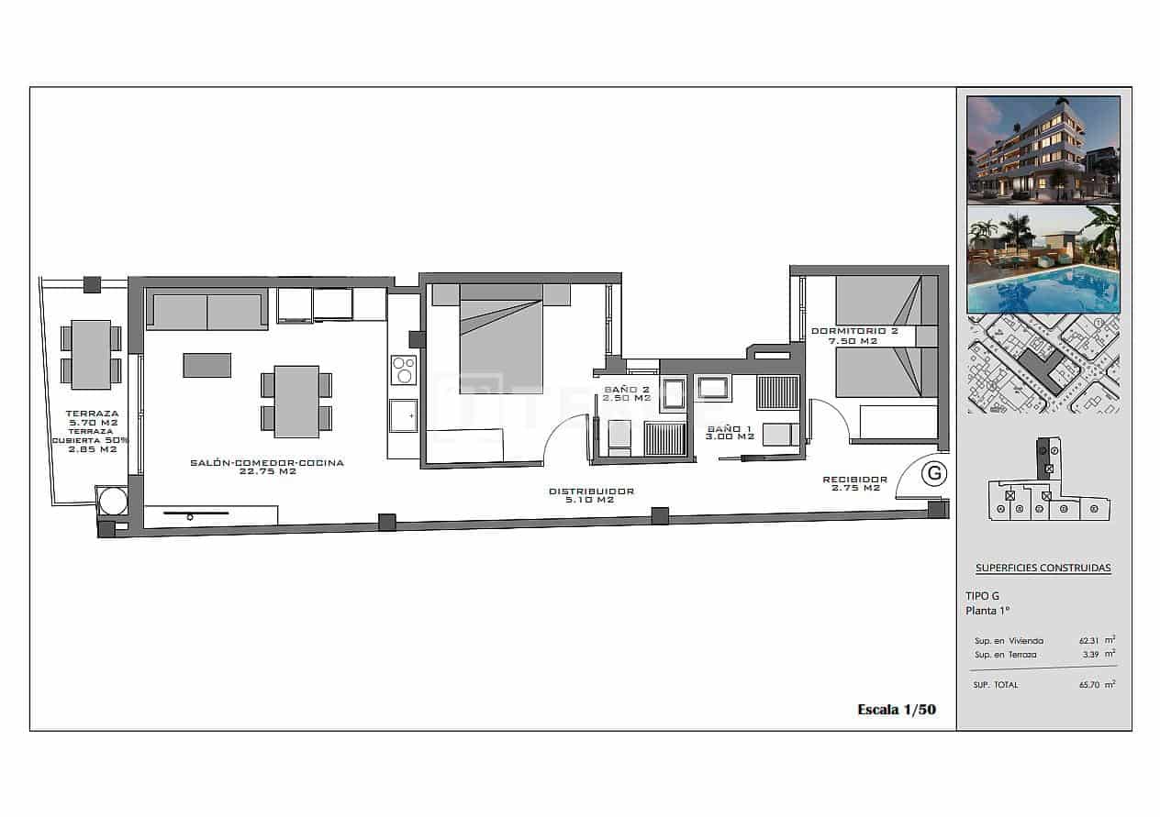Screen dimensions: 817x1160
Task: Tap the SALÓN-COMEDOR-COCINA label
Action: (267, 463)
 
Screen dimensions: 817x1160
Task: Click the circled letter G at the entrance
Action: (934, 473)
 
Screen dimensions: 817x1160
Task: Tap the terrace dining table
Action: (91, 355)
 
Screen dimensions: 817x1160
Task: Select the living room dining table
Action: (296, 401)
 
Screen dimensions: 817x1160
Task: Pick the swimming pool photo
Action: (1043, 259)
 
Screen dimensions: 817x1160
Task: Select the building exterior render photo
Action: (1043, 149)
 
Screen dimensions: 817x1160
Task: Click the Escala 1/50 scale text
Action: (896, 709)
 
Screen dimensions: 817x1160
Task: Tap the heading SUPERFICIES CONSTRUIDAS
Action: (1043, 568)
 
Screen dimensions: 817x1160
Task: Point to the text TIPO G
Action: (982, 595)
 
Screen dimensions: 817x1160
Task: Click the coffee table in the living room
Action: (207, 365)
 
